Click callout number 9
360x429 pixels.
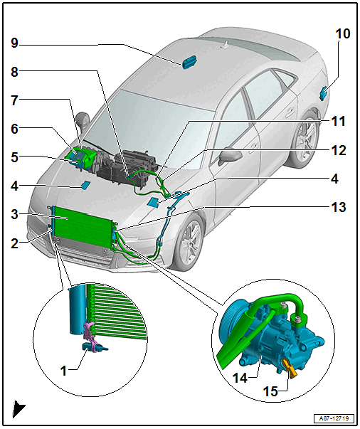click(14, 43)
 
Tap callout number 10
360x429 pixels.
click(343, 33)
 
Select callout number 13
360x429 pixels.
click(339, 207)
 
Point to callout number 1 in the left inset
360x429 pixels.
click(63, 371)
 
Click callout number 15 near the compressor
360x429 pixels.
click(270, 391)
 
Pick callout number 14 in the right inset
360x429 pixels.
click(240, 378)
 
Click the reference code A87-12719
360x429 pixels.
click(334, 418)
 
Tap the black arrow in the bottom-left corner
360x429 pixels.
click(18, 409)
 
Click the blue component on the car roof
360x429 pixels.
click(189, 63)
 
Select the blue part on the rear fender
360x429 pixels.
click(324, 92)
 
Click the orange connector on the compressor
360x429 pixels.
click(290, 368)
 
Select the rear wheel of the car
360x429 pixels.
click(305, 142)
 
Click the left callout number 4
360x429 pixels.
click(14, 186)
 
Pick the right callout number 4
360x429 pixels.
click(334, 179)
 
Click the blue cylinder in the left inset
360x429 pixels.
click(78, 309)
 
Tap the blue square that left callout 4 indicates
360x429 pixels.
click(85, 185)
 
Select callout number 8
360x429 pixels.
click(14, 72)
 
